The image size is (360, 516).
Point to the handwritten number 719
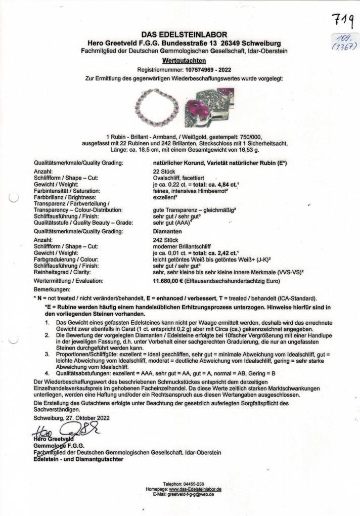click(x=343, y=22)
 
